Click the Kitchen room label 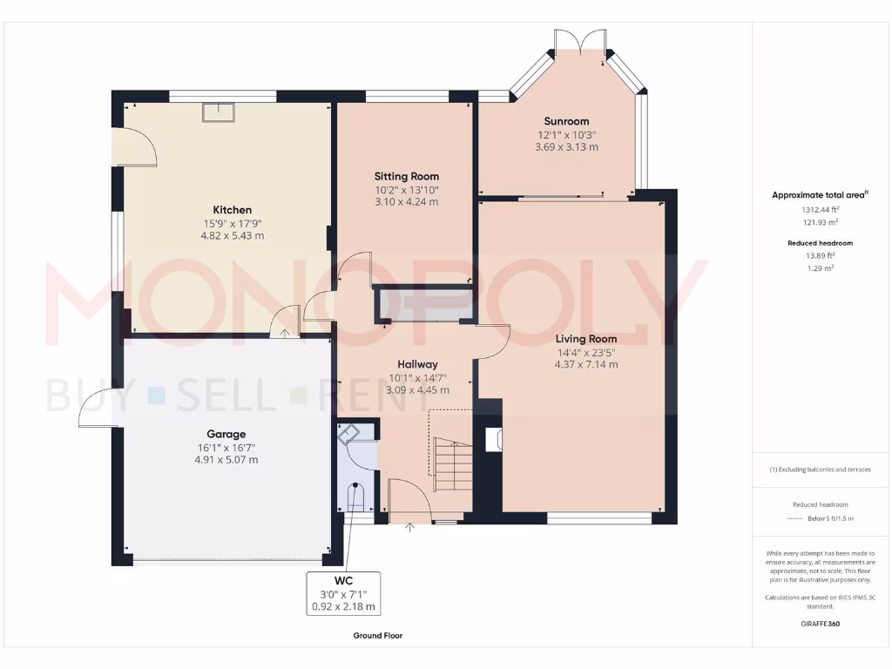click(233, 210)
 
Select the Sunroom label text click(566, 121)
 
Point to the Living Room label click(588, 339)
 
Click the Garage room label click(226, 434)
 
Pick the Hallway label click(417, 364)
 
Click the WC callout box click(345, 593)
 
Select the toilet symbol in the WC click(355, 497)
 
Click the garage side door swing click(98, 409)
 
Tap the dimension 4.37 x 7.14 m click(588, 364)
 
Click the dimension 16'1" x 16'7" click(226, 447)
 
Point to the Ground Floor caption click(377, 636)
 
